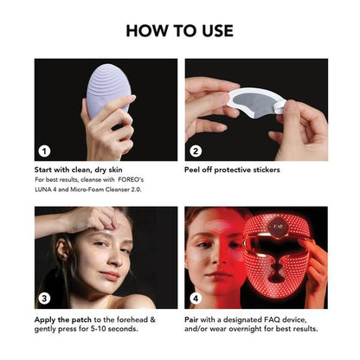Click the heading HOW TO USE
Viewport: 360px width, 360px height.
coord(180,30)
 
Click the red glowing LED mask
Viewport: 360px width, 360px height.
coord(285,260)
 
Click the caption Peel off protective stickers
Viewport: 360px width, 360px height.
coord(232,170)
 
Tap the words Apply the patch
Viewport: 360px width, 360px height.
coord(63,318)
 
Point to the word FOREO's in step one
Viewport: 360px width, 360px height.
coord(147,180)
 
